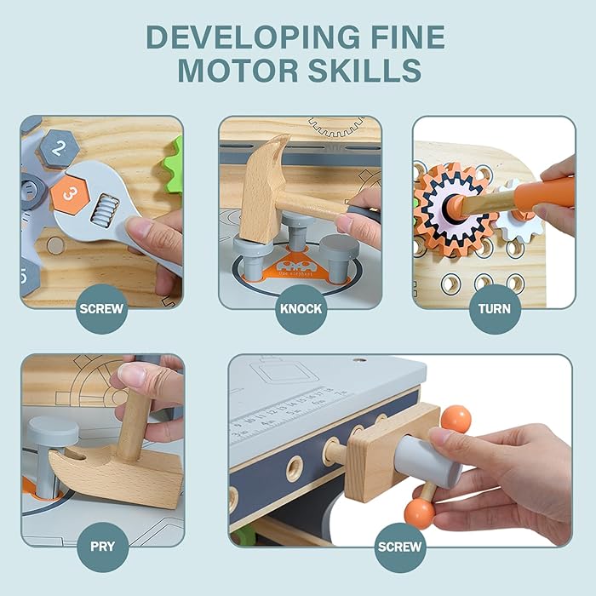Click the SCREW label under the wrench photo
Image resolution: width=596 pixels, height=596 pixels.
click(101, 308)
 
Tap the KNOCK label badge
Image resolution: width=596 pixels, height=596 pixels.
click(301, 308)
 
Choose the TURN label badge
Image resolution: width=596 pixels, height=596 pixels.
click(495, 308)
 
